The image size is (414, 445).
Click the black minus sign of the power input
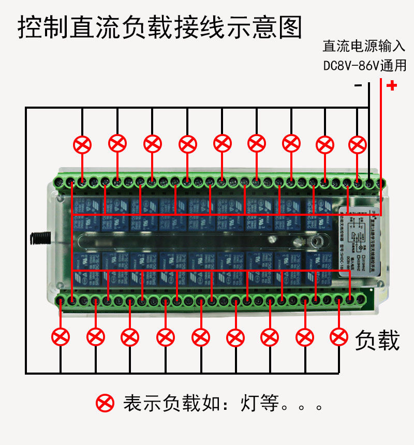coord(358,85)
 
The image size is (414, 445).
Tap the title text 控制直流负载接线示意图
coord(159,27)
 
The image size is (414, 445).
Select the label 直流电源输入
coord(364,47)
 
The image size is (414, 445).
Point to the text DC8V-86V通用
coord(364,66)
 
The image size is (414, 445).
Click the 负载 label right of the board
coord(377,341)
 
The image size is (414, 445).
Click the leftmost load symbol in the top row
coord(82,144)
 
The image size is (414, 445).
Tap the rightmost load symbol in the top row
coord(357,144)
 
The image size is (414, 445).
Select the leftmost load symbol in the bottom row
coord(61,337)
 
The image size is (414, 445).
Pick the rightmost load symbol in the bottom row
coord(339,336)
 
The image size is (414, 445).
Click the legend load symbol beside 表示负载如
coord(105,403)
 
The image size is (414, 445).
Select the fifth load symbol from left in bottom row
coord(200,337)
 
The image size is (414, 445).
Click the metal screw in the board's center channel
coord(317,241)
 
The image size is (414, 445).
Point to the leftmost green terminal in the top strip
coord(58,182)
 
